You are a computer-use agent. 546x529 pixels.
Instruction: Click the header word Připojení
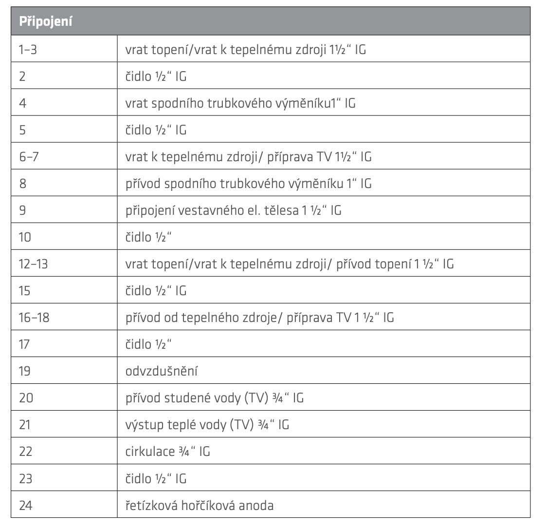coord(46,21)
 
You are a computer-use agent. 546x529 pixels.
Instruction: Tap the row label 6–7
coord(29,157)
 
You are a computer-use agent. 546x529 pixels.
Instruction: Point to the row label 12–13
coord(34,264)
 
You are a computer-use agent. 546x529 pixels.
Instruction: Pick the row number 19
coord(25,371)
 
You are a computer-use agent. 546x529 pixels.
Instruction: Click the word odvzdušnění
coord(161,371)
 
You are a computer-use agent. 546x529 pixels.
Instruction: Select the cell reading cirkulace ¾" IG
coord(167,452)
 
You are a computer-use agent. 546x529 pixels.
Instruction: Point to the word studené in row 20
coord(182,398)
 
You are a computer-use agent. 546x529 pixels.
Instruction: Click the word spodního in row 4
coord(168,103)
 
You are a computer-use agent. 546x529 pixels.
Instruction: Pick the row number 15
coord(24,291)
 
